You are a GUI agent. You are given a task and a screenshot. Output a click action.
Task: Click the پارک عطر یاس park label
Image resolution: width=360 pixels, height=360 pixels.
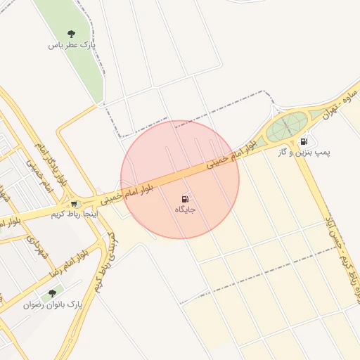coord(72,45)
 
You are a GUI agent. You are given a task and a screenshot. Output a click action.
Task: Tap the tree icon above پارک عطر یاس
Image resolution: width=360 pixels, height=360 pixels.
coord(71,33)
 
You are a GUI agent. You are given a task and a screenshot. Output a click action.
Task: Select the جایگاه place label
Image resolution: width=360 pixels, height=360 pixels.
coord(185,210)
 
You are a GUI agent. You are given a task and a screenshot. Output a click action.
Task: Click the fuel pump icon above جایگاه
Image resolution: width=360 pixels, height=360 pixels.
coord(185,199)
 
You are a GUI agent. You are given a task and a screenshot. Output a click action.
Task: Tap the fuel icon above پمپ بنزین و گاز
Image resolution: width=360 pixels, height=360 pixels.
coord(304,141)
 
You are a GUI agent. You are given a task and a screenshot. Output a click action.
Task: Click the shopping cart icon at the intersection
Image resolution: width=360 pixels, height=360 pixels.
coord(74,204)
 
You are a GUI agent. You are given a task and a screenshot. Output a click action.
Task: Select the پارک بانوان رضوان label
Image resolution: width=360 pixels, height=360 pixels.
coord(53,305)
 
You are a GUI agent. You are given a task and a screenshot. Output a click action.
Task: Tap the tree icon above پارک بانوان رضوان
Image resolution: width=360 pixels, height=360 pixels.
coord(51,293)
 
